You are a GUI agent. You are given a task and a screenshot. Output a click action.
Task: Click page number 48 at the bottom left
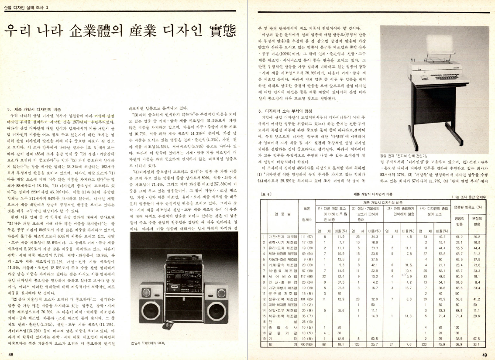pos(10,354)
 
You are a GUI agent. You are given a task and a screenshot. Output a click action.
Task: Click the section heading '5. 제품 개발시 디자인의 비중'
pos(34,108)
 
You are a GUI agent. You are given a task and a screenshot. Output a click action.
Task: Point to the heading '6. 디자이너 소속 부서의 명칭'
pos(285,111)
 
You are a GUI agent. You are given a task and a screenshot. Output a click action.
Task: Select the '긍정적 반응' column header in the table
pos(459,220)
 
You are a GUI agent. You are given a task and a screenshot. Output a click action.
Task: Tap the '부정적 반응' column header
pos(477,220)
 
